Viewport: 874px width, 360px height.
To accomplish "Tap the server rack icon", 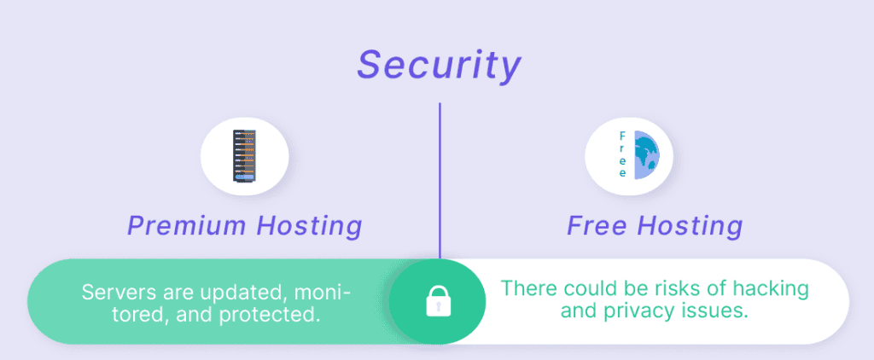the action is point(244,155).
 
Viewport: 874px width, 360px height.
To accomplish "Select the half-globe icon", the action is point(647,155).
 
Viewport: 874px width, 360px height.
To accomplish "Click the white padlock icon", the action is point(438,301).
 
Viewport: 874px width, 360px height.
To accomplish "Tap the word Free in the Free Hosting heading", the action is point(597,226).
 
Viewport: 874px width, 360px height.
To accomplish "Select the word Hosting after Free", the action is point(690,226).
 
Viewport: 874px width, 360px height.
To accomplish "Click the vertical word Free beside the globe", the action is point(622,154).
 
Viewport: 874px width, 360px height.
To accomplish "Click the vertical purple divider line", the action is point(440,181).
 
